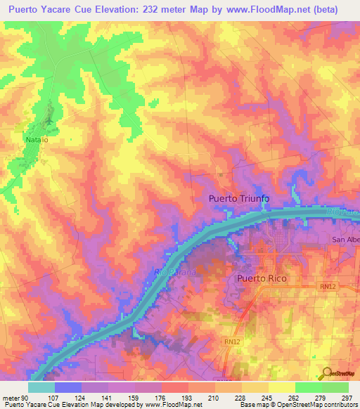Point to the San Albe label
tap(346, 240)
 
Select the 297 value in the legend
tap(347, 397)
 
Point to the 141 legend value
tap(105, 397)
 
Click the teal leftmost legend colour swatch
tap(41, 387)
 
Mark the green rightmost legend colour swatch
tap(335, 387)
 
